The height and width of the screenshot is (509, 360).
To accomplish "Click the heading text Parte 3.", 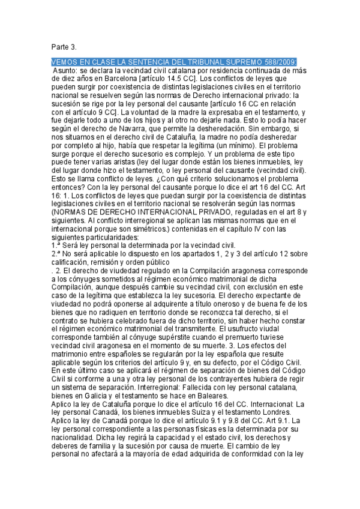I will click(x=64, y=47).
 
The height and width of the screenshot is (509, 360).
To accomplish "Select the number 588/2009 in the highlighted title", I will click(x=278, y=62).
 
